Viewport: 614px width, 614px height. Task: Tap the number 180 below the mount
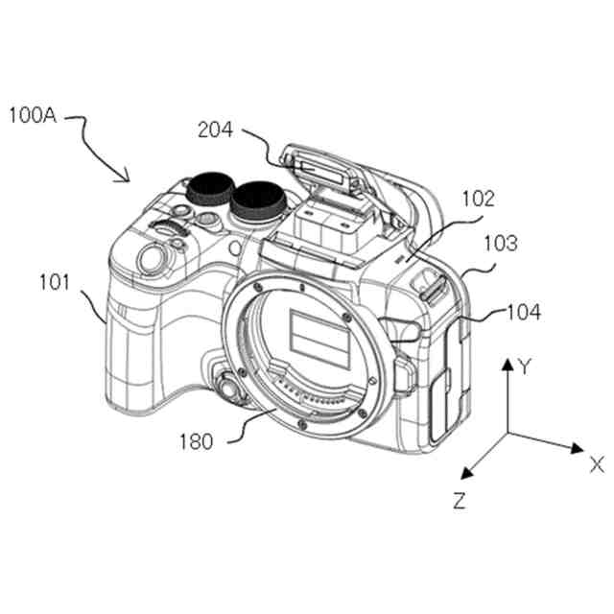coord(196,442)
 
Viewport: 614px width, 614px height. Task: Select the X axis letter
coord(596,465)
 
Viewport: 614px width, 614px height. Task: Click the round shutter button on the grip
coord(149,258)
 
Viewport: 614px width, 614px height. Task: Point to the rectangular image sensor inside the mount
coord(320,339)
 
